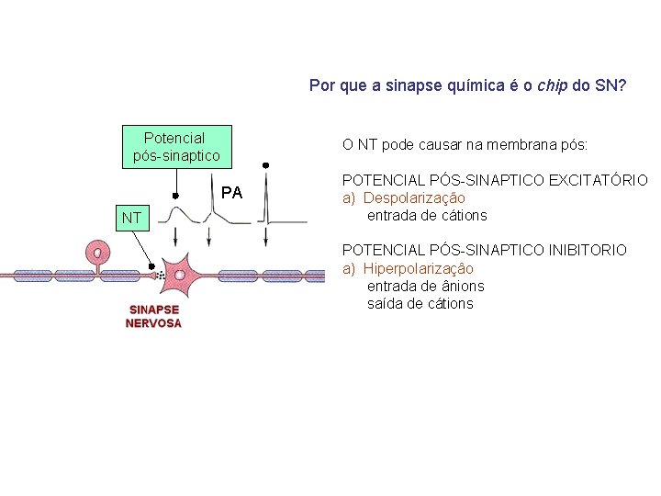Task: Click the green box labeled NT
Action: pyautogui.click(x=131, y=218)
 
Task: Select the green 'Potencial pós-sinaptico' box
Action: pyautogui.click(x=176, y=146)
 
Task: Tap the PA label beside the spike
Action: pyautogui.click(x=231, y=193)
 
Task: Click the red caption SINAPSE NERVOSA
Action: pyautogui.click(x=153, y=317)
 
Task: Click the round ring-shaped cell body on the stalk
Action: pyautogui.click(x=96, y=251)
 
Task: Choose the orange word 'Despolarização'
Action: pyautogui.click(x=416, y=197)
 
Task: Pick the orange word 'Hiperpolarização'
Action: pyautogui.click(x=419, y=268)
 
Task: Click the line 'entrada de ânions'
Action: pyautogui.click(x=425, y=286)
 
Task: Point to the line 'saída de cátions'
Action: pyautogui.click(x=420, y=303)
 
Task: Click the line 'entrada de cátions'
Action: pyautogui.click(x=427, y=216)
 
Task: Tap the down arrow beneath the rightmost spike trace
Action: pyautogui.click(x=265, y=237)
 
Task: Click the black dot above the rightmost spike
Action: pyautogui.click(x=265, y=165)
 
